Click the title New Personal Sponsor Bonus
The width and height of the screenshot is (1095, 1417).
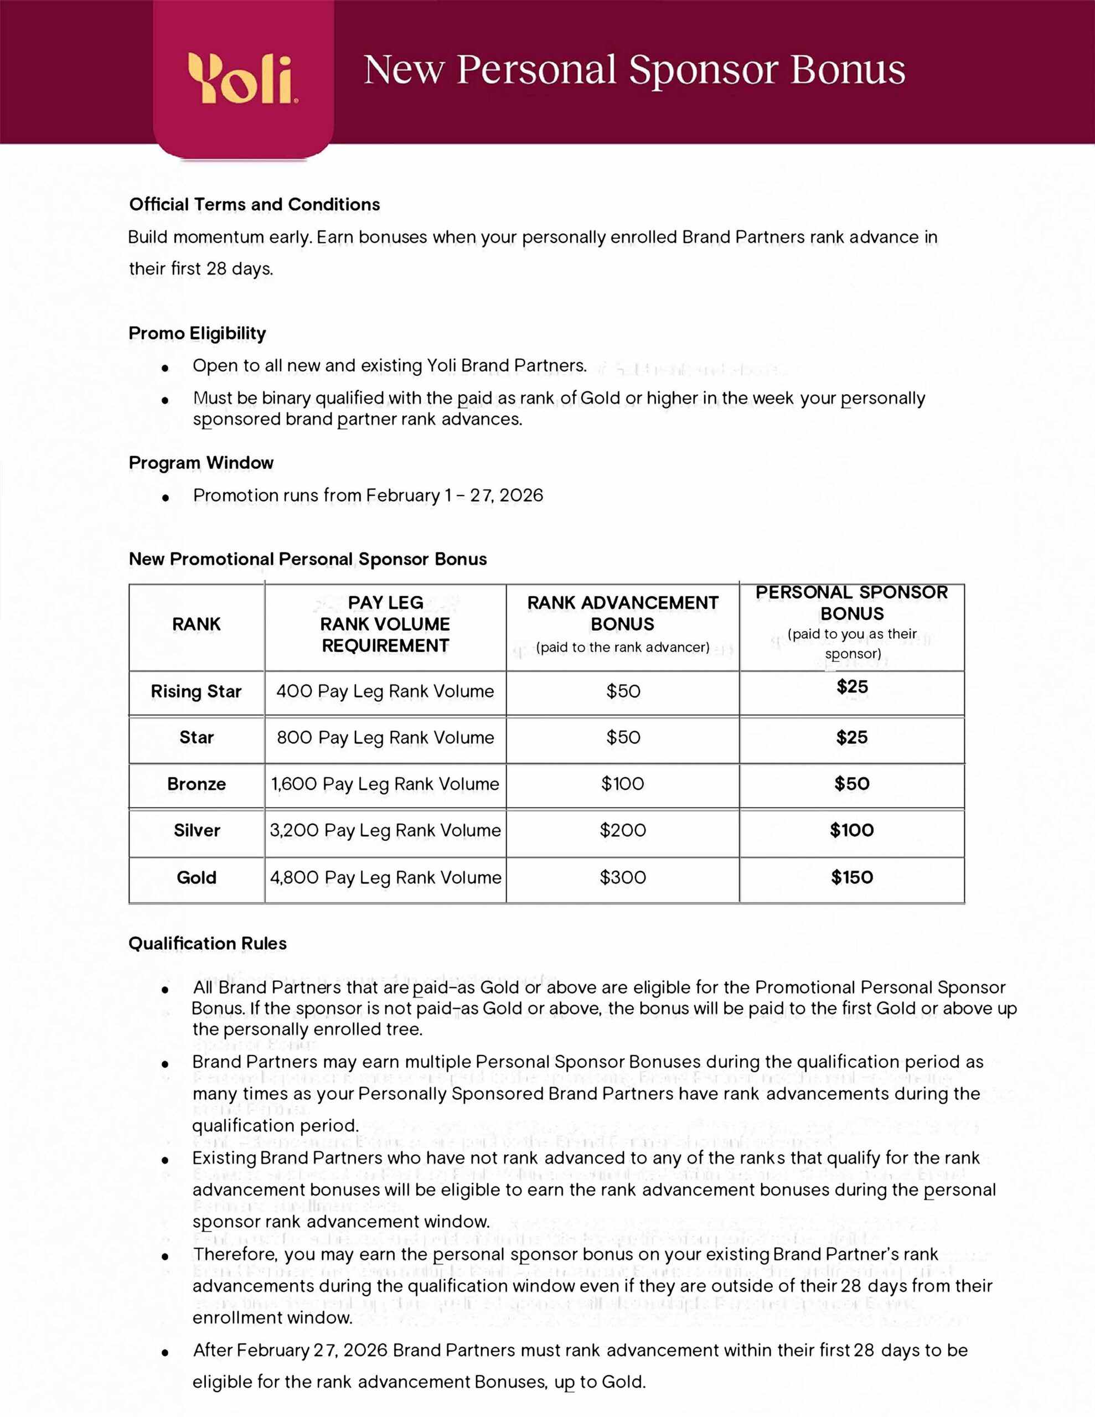[634, 70]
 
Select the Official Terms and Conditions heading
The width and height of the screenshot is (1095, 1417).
[255, 204]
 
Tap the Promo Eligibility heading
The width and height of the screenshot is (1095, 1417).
[197, 333]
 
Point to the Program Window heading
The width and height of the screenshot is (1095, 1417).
[201, 463]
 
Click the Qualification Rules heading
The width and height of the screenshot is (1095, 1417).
[208, 943]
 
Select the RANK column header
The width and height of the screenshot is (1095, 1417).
[197, 624]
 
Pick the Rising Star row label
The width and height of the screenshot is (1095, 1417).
[197, 692]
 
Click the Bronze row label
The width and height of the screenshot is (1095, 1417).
[197, 784]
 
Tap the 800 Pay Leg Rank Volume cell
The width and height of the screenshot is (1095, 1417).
[385, 738]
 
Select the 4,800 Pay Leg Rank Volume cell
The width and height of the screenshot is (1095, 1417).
[385, 878]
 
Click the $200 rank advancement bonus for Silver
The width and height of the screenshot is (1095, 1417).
[622, 830]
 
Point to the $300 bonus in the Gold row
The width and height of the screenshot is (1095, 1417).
[622, 878]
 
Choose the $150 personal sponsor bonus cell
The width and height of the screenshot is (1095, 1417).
[851, 878]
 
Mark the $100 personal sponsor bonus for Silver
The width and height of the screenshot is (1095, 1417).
[851, 830]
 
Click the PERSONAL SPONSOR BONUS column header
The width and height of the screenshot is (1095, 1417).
[851, 603]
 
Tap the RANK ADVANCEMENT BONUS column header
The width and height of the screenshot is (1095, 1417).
[622, 614]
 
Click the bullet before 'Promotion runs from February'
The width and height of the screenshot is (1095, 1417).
[166, 498]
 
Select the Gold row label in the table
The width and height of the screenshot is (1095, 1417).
[197, 878]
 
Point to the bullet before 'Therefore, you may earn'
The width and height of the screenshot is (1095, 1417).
[166, 1256]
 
